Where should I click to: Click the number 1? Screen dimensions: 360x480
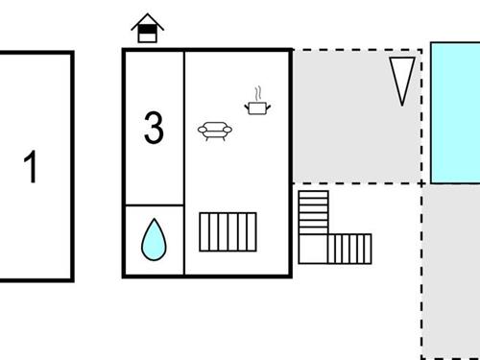coord(31,167)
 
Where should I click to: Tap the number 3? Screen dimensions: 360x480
coord(154,129)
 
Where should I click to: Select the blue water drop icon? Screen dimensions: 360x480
coord(153,240)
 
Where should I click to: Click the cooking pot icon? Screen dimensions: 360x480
coord(256,107)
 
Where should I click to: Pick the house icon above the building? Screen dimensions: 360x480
coord(147,29)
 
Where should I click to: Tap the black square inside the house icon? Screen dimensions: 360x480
coord(147,36)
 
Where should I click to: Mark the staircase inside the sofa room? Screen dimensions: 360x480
coord(228,231)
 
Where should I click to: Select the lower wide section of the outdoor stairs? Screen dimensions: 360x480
coord(348,249)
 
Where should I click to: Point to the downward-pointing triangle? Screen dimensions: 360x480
coord(402,80)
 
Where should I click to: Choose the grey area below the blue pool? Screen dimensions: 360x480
coord(451,269)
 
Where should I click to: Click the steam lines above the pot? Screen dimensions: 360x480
coord(256,93)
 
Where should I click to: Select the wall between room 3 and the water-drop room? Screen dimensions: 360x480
coord(154,205)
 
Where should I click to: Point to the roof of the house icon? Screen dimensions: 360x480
coord(147,20)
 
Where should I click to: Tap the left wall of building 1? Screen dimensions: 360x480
coord(1,167)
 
